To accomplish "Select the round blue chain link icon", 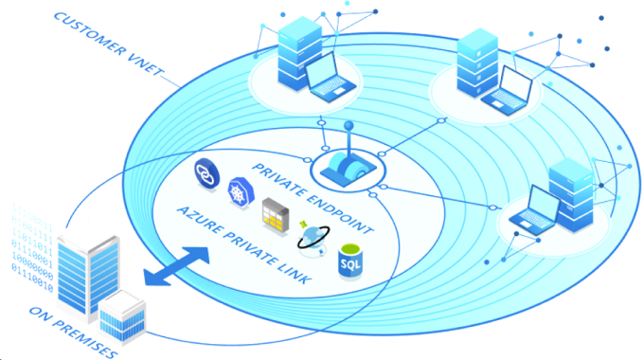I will [x=204, y=171].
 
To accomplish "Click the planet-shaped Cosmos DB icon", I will [x=313, y=239].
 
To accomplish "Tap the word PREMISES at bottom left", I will [x=90, y=338].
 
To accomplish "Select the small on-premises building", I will [x=120, y=315].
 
